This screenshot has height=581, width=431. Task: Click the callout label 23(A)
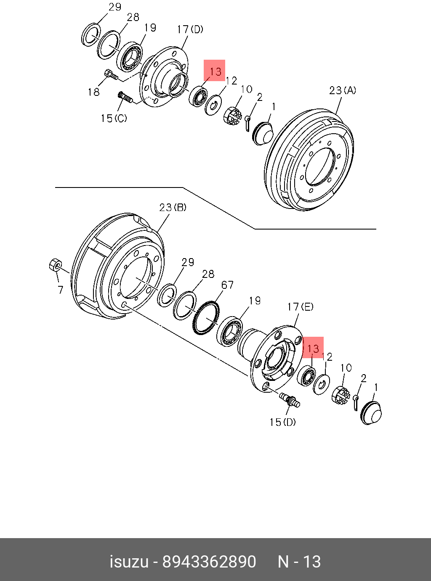(342, 90)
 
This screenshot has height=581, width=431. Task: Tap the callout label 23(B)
(173, 208)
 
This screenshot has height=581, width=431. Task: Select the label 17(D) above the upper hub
(190, 29)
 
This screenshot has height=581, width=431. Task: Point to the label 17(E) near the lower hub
(300, 307)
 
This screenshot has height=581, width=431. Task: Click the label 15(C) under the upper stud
(113, 119)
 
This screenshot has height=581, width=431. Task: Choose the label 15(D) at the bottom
(282, 422)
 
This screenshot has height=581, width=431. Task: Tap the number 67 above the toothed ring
(227, 285)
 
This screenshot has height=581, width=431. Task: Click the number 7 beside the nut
(61, 290)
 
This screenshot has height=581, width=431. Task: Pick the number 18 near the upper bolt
(93, 92)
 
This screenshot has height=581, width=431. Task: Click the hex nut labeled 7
(55, 265)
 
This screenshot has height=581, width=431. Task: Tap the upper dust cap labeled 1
(263, 133)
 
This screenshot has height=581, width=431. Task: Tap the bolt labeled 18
(110, 75)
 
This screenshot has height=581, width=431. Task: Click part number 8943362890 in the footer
(209, 562)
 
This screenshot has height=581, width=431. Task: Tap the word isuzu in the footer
(129, 562)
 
